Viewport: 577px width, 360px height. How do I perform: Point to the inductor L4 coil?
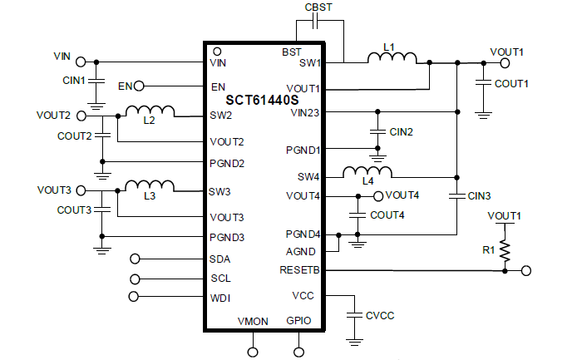pos(367,171)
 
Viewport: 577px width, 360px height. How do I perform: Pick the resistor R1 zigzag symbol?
pos(505,253)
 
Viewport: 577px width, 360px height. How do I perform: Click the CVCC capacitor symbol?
pos(355,316)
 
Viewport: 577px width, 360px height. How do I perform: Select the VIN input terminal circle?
pos(81,62)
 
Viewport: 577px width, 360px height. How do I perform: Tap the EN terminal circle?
pos(140,86)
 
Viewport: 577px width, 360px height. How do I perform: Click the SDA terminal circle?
pos(136,259)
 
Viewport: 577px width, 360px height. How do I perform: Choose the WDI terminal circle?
pos(136,297)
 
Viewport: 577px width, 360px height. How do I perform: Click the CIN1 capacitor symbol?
pos(97,81)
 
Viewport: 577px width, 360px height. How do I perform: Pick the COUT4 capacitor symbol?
pos(358,215)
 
